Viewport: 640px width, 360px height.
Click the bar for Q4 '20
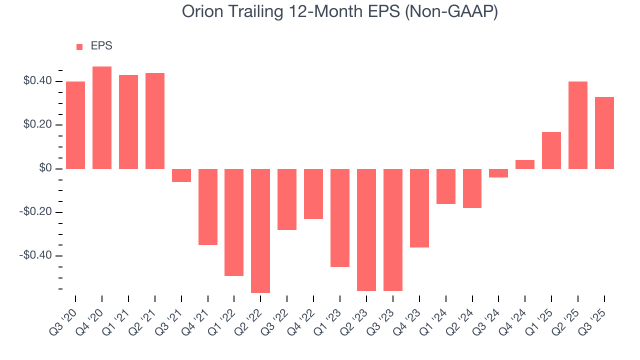(102, 117)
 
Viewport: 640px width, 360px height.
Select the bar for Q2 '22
(260, 230)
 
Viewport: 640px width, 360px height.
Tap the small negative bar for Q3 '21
(181, 175)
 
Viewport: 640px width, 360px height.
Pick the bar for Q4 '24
(525, 164)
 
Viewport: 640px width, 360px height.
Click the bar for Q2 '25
(578, 125)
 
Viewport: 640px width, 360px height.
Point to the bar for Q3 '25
(604, 133)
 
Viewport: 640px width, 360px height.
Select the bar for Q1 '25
(551, 150)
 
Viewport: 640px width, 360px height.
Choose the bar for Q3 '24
(498, 173)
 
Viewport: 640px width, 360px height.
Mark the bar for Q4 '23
(419, 208)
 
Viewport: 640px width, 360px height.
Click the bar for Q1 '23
(340, 217)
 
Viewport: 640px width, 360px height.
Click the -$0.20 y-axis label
(35, 212)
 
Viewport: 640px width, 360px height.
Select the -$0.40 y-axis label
(35, 255)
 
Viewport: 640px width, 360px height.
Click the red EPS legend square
(79, 47)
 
